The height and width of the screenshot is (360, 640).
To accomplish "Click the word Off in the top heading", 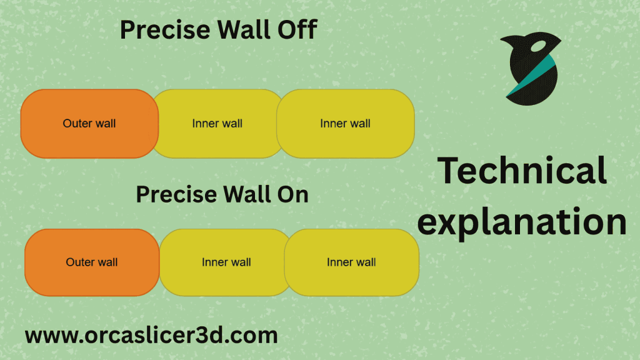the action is tap(297, 29).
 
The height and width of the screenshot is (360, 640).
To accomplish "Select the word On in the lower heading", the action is tap(292, 194).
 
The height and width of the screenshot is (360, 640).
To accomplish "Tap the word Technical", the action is tap(522, 170).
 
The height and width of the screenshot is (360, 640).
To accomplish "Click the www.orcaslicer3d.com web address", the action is tap(151, 336).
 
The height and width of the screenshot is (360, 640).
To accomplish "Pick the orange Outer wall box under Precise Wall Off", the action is tap(89, 124).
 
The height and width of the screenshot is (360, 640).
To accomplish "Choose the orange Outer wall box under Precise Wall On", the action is tap(92, 262).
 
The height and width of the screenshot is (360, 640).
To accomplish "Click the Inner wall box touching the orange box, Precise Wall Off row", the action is tap(217, 124).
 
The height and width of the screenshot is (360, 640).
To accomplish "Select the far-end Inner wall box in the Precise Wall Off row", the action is tap(346, 124).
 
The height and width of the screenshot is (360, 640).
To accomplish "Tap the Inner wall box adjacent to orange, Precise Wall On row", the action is tap(225, 262).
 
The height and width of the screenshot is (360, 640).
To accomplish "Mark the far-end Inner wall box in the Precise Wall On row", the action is tap(352, 262).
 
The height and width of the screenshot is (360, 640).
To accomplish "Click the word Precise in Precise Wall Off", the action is tap(165, 30).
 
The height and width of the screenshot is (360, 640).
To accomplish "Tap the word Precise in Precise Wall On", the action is tap(176, 194).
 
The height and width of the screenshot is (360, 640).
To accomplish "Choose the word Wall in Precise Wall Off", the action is tap(244, 29).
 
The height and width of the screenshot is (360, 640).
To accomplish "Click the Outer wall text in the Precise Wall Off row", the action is tap(89, 123).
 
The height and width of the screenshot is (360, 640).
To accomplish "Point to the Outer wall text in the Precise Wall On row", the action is tap(92, 262).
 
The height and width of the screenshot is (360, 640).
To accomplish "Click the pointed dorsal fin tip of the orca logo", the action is tap(501, 39).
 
